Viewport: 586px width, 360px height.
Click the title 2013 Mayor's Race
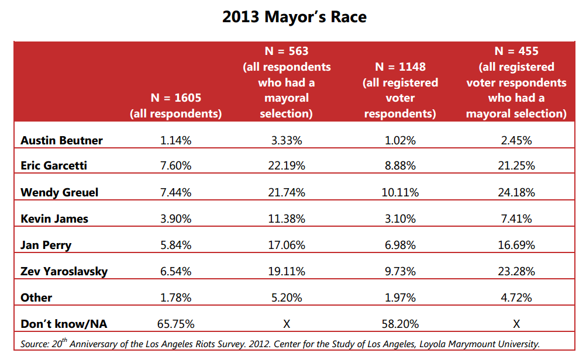294,17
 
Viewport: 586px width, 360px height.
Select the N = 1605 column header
175,106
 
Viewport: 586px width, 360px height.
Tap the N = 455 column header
516,82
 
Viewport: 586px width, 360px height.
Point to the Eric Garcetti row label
54,165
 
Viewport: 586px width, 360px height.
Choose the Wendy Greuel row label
59,192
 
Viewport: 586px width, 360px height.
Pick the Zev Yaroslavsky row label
64,271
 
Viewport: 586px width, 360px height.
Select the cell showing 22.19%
287,166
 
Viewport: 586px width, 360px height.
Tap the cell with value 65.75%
175,324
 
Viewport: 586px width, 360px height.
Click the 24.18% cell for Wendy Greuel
516,192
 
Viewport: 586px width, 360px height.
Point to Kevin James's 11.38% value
287,219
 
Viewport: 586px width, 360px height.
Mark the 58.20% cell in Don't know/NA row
400,324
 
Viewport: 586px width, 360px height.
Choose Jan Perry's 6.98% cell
400,245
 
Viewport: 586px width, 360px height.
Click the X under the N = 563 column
287,324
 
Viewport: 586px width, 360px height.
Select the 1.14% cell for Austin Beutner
175,140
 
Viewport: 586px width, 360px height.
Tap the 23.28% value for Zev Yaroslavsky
516,271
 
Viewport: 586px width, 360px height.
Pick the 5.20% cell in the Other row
287,297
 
